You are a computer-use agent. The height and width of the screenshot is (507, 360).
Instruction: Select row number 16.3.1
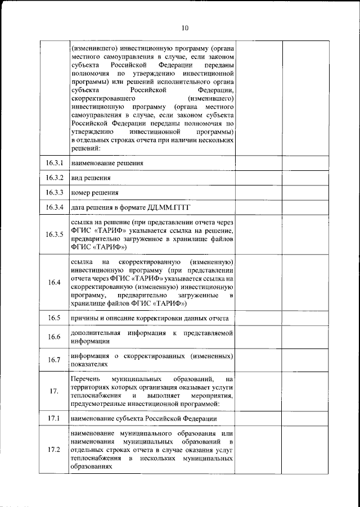click(x=55, y=163)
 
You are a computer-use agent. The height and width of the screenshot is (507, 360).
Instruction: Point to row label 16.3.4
click(x=55, y=207)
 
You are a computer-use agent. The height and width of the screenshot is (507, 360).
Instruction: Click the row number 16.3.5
click(x=55, y=234)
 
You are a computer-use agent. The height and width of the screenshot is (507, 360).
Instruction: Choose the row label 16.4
click(x=55, y=282)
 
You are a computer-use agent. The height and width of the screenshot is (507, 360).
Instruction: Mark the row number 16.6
click(x=55, y=337)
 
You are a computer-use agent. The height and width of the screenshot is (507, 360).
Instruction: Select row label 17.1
click(x=55, y=419)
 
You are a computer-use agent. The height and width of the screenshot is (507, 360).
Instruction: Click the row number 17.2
click(x=55, y=450)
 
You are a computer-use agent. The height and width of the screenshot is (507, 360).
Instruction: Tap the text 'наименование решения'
click(x=106, y=164)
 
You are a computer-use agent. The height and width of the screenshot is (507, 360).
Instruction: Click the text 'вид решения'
click(x=90, y=178)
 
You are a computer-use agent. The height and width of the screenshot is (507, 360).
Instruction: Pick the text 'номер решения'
click(x=94, y=193)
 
